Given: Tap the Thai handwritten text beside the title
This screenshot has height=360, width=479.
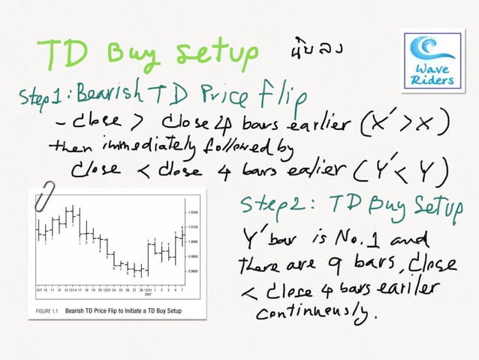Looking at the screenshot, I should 315,53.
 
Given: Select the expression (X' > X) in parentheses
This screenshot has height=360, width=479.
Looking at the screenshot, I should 404,121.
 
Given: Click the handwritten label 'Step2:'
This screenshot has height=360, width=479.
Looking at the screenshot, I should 282,204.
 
